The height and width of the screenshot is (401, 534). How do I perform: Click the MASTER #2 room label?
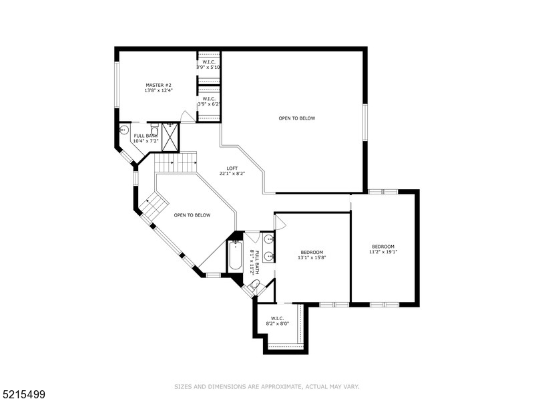(159, 85)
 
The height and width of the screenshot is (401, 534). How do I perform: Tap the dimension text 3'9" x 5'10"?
(208, 68)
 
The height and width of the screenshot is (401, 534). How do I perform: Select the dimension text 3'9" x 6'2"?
(208, 104)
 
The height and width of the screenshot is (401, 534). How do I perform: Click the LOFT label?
(232, 168)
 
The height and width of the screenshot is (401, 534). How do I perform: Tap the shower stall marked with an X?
(170, 137)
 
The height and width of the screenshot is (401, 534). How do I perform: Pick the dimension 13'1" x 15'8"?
(312, 257)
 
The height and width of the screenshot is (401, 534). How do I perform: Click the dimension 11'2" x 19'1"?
(383, 252)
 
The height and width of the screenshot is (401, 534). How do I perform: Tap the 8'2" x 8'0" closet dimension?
(278, 323)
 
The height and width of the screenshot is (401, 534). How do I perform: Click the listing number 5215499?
(23, 394)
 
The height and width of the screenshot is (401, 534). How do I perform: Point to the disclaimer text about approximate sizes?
(267, 386)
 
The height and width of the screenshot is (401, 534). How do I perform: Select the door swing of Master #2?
(188, 118)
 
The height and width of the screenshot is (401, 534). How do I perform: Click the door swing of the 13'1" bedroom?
(279, 222)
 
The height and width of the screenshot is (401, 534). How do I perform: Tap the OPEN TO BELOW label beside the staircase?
(192, 215)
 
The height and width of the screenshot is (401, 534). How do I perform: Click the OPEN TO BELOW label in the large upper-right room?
(297, 118)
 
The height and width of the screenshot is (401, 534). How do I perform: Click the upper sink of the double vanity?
(268, 239)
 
